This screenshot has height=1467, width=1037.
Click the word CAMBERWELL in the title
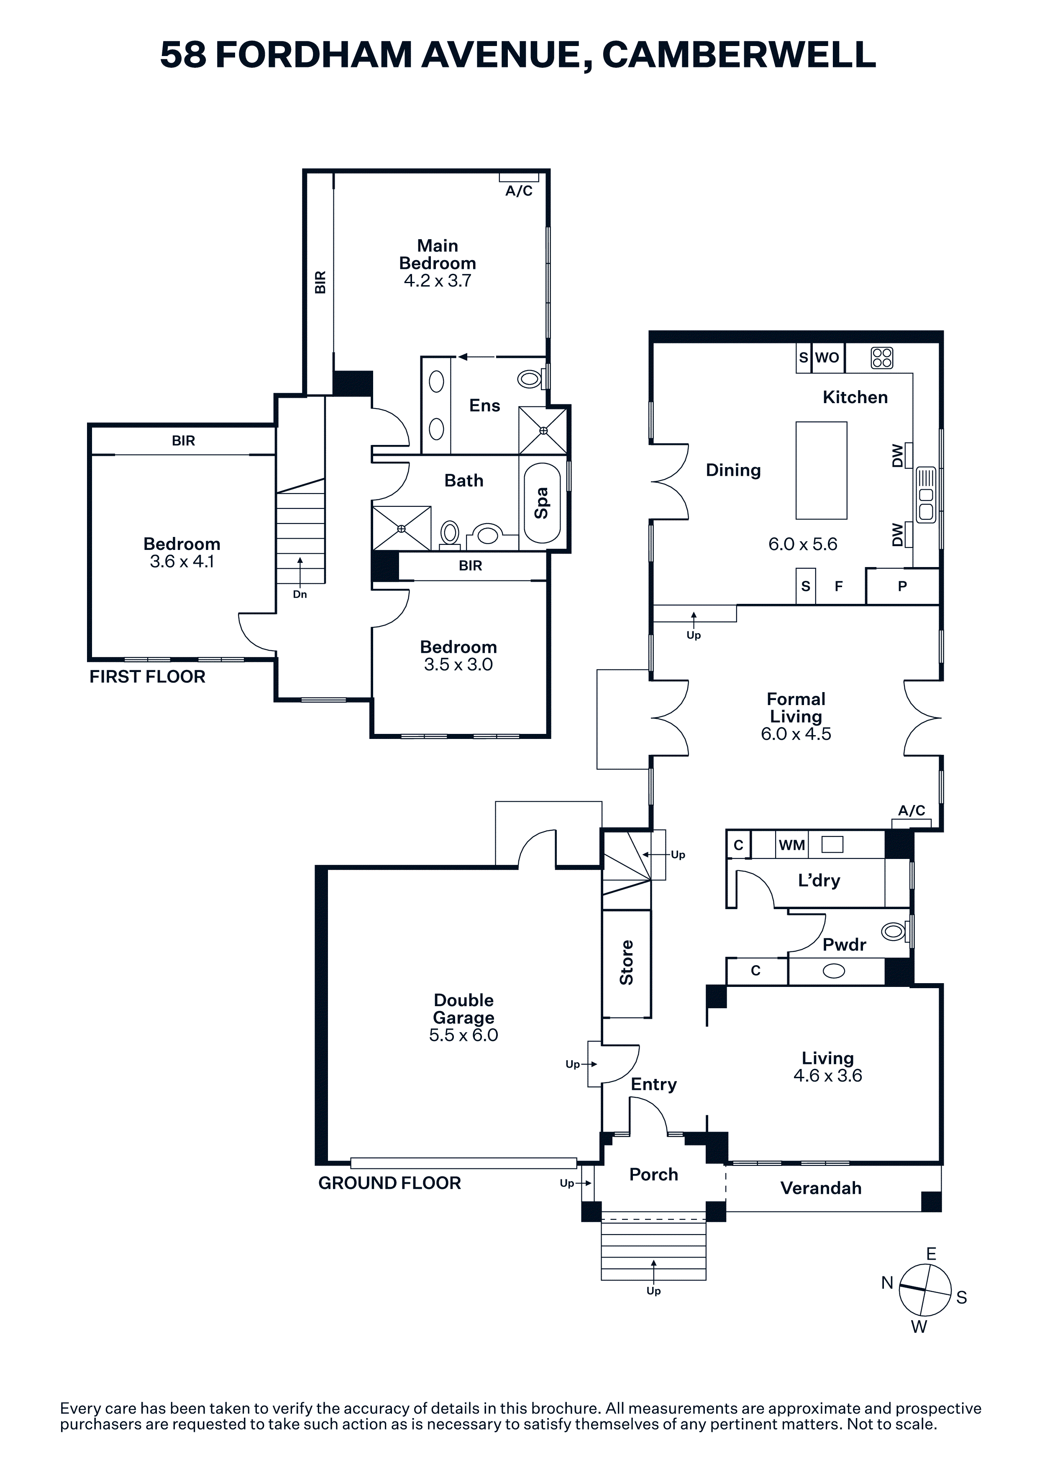pyautogui.click(x=739, y=54)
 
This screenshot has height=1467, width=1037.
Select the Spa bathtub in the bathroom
pyautogui.click(x=542, y=503)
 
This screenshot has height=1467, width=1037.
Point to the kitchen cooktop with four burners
pyautogui.click(x=882, y=358)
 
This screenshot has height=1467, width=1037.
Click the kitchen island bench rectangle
pyautogui.click(x=821, y=470)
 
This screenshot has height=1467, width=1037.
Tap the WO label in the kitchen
pyautogui.click(x=827, y=358)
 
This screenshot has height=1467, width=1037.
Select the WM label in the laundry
pyautogui.click(x=791, y=845)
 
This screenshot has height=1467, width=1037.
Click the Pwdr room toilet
pyautogui.click(x=894, y=932)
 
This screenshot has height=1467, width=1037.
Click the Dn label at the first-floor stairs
pyautogui.click(x=300, y=594)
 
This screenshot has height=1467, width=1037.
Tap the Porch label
pyautogui.click(x=654, y=1174)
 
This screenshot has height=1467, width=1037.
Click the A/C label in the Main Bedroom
pyautogui.click(x=519, y=191)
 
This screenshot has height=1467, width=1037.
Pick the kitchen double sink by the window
pyautogui.click(x=925, y=495)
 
